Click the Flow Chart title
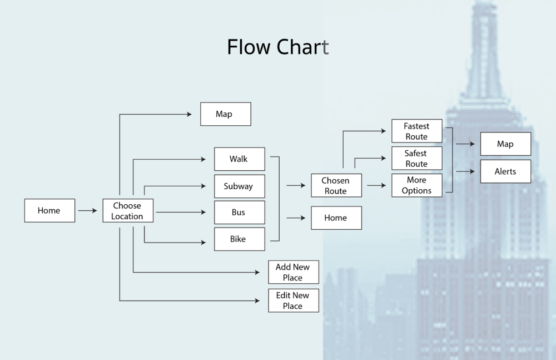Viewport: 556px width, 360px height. (x=278, y=47)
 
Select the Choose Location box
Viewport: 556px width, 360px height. (x=128, y=211)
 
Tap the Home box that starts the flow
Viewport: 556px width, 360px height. (x=49, y=211)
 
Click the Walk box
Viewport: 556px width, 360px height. (x=240, y=159)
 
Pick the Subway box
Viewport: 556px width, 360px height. (x=240, y=186)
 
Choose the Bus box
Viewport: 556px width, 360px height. (x=240, y=213)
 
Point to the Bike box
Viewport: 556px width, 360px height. (x=240, y=239)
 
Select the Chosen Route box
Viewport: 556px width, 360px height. (x=336, y=186)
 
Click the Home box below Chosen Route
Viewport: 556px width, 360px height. (x=336, y=218)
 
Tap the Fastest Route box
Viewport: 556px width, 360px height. (x=417, y=131)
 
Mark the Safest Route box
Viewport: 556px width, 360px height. (x=417, y=159)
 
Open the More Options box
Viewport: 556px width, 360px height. (x=417, y=185)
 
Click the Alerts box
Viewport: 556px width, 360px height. (x=505, y=171)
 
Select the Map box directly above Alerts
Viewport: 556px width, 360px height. (x=505, y=144)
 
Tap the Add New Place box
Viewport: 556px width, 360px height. (x=294, y=273)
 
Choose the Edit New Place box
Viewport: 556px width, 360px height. (x=294, y=300)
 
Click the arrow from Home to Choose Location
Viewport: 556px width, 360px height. (x=88, y=211)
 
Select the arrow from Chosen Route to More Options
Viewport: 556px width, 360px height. (x=376, y=185)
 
